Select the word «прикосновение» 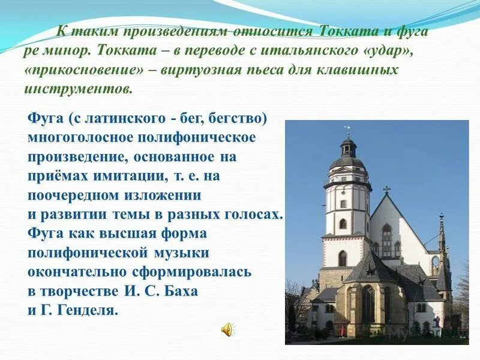pos(84,70)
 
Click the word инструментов pos(77,89)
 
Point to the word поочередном pos(78,196)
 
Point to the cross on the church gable pos(387,190)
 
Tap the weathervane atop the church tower pos(347,130)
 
